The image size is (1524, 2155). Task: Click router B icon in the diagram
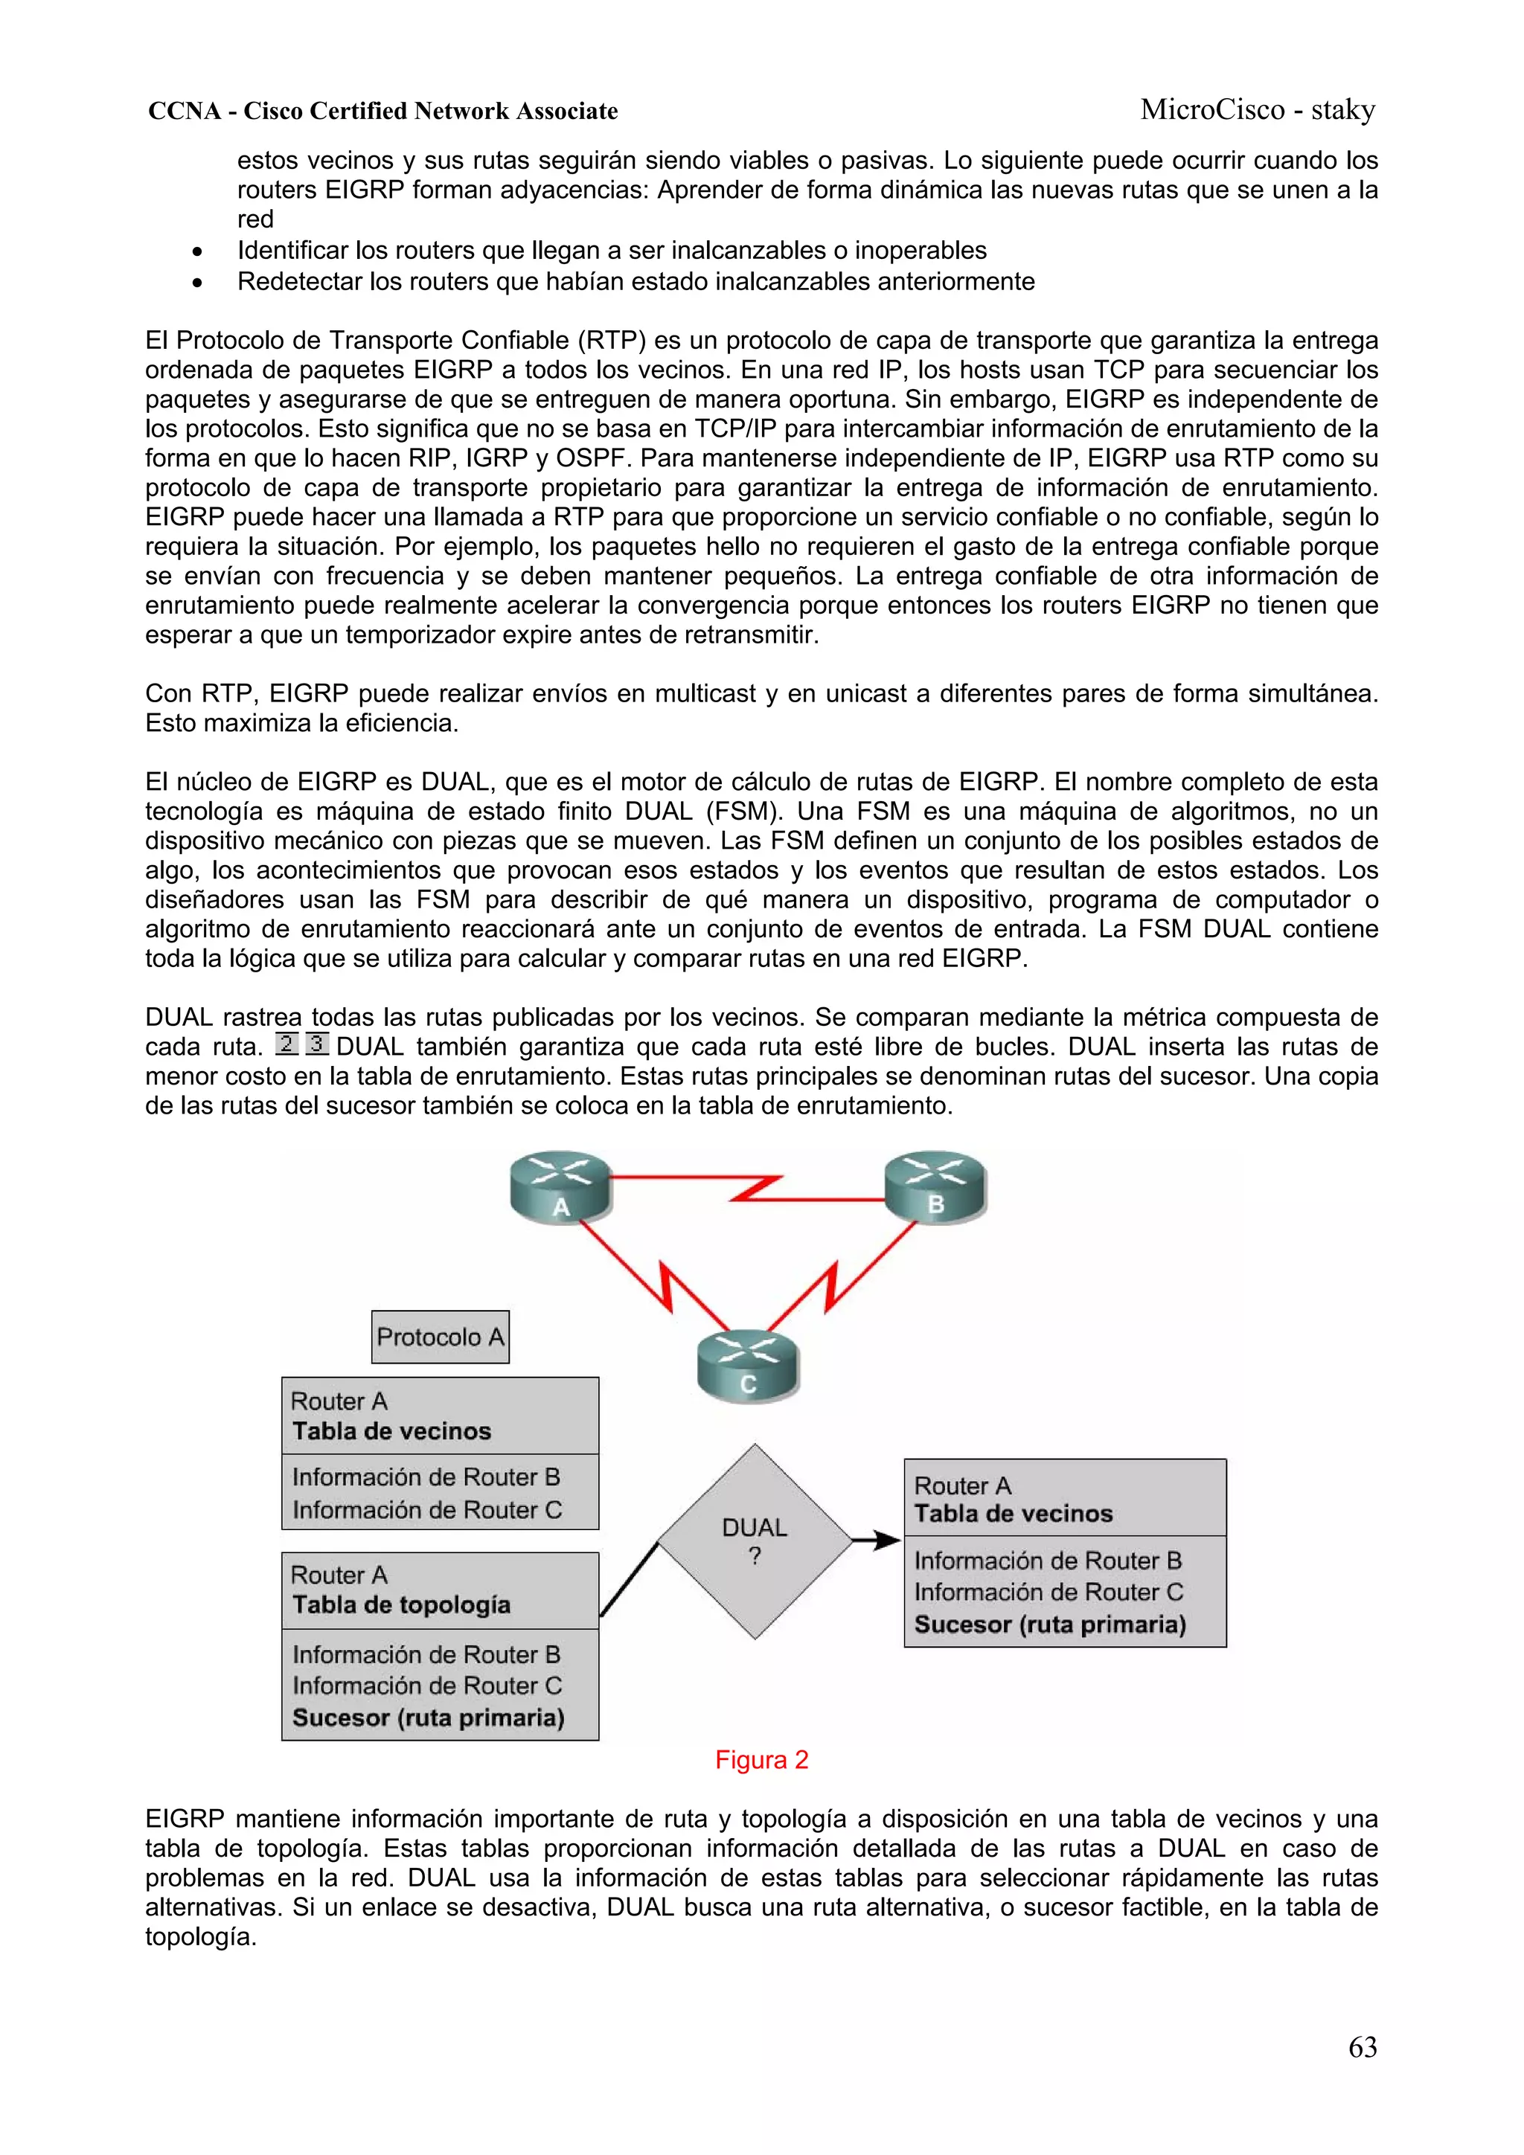click(935, 1187)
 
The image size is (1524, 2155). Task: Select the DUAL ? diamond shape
click(755, 1541)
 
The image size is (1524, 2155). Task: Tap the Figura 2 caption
click(761, 1760)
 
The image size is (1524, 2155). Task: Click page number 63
click(1362, 2047)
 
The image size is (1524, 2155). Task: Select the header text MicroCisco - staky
click(1258, 110)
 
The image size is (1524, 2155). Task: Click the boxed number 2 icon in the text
click(287, 1044)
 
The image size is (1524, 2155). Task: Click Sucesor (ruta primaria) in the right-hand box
click(1050, 1624)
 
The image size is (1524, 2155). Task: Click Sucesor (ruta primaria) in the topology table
click(428, 1718)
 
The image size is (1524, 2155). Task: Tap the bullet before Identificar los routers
click(196, 251)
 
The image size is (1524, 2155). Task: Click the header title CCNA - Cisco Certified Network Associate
click(383, 111)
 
